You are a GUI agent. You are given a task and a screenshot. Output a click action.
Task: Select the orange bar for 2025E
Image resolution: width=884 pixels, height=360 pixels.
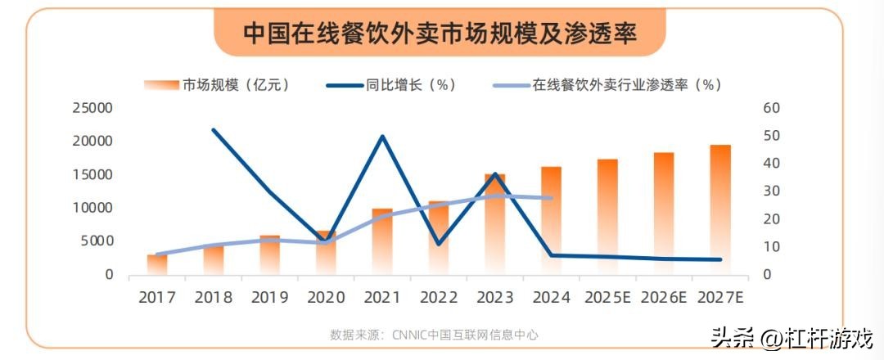[607, 217]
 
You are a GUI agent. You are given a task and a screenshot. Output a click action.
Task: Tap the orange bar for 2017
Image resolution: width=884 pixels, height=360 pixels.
[157, 265]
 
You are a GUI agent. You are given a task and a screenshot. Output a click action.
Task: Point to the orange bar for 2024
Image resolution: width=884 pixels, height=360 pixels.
[552, 221]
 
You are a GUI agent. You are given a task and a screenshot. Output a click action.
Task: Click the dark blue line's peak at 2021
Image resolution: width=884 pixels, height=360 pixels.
[382, 136]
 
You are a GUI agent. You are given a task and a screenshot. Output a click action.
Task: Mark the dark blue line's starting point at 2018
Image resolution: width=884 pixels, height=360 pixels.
[214, 130]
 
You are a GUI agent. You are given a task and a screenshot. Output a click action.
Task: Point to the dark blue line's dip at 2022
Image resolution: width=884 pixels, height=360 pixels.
[439, 244]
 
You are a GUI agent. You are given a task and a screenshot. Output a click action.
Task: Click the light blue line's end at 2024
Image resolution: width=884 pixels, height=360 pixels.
[552, 198]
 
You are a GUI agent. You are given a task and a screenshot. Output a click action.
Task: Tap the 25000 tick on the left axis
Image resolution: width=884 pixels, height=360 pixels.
[92, 108]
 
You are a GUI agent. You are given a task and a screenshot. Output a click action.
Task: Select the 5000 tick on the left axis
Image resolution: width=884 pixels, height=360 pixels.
[96, 241]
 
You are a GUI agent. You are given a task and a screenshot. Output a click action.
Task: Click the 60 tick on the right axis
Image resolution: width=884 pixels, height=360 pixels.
[772, 108]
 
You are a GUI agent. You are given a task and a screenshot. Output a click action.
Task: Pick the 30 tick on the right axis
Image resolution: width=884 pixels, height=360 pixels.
[772, 191]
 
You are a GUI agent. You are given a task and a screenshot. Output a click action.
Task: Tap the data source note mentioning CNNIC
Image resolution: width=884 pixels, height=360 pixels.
[434, 335]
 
